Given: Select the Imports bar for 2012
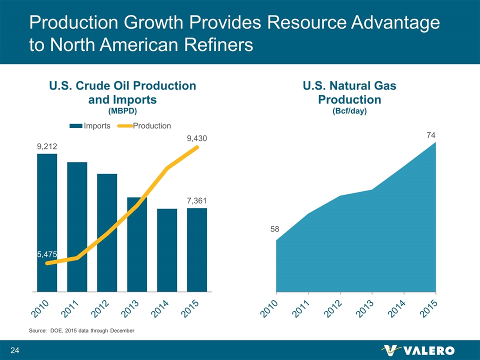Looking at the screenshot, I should pos(107,232).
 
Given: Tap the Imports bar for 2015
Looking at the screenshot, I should pos(197,249).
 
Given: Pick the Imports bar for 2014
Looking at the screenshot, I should pos(167,249).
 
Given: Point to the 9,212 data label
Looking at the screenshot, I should pos(47,146).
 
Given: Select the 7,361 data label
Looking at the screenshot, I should pos(197,200).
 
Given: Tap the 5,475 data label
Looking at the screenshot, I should pos(47,254).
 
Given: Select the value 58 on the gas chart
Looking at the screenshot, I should pos(275,229).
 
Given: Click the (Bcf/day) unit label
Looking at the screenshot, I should pos(349,111).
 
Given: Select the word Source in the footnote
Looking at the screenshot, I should pos(37,331).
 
